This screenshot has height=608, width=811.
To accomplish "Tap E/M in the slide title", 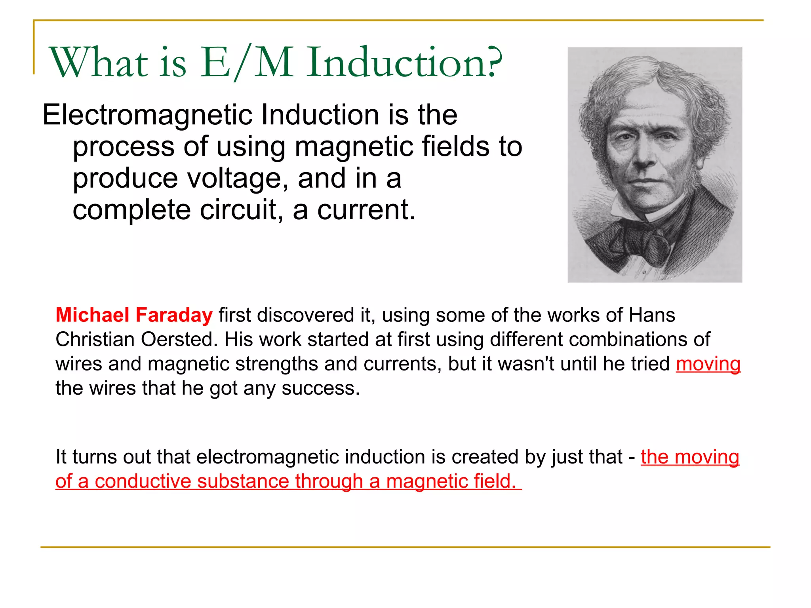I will (x=246, y=62).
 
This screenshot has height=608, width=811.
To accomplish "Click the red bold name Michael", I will (x=92, y=315).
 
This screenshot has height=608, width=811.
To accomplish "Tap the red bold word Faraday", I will (x=174, y=315).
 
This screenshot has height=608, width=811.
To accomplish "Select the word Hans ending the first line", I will (x=652, y=315).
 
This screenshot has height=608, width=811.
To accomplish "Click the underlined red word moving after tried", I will (x=708, y=364).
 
